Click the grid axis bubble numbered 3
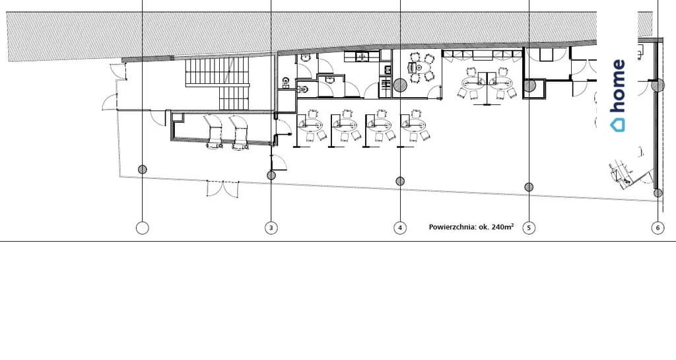tap(271, 228)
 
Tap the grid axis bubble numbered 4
tap(400, 228)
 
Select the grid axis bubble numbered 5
tap(529, 228)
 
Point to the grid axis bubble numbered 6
tap(658, 228)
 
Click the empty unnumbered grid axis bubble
tap(143, 228)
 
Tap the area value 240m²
tap(502, 227)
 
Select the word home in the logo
tap(618, 87)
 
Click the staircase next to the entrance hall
tap(218, 84)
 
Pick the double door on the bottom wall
tap(223, 189)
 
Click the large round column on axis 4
tap(400, 85)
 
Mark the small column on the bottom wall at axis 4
tap(400, 181)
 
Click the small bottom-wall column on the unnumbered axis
tap(143, 170)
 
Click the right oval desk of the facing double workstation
tap(502, 83)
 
